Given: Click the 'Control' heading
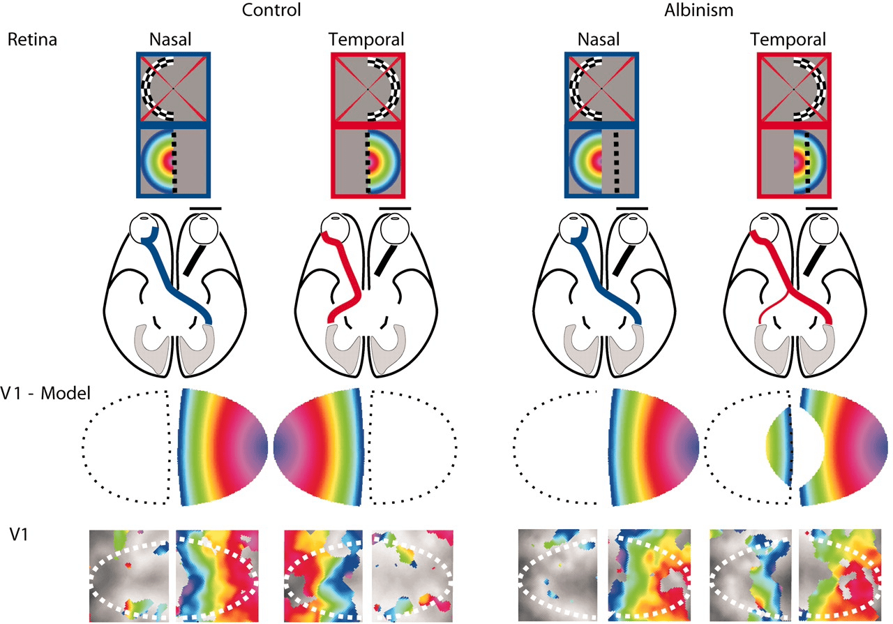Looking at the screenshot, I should click(271, 10).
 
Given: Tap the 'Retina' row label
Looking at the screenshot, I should click(32, 39).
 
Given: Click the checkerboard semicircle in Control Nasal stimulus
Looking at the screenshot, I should click(151, 87).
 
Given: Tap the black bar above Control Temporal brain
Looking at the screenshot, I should click(396, 208).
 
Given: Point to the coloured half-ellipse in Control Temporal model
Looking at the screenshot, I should click(317, 446).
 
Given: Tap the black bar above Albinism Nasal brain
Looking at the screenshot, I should click(632, 208).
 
